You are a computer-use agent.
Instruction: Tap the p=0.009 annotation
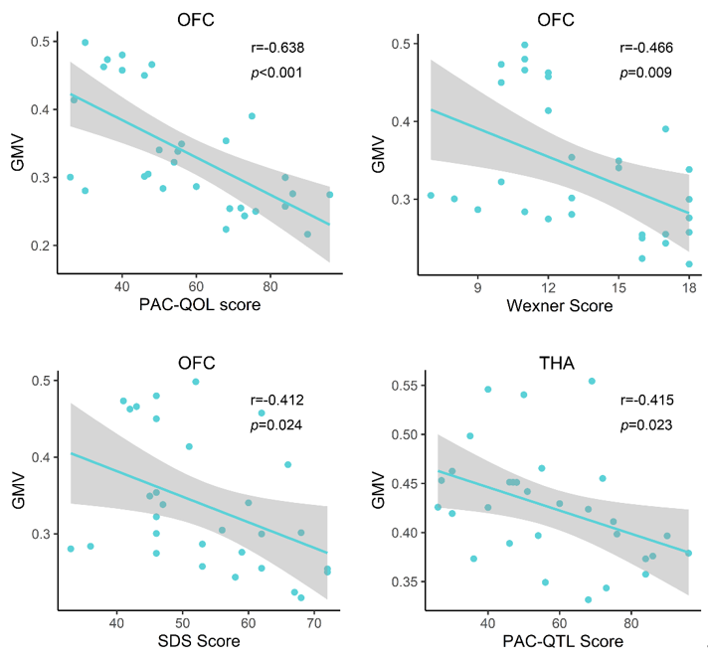coord(645,73)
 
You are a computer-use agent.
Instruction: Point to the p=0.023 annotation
coord(644,425)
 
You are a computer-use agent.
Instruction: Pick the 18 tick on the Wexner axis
coord(688,286)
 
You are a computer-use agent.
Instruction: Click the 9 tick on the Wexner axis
coord(478,286)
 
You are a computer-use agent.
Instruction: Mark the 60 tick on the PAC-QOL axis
coord(196,286)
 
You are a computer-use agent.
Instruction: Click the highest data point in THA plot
coord(592,381)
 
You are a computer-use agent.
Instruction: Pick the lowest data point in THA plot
coord(589,599)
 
